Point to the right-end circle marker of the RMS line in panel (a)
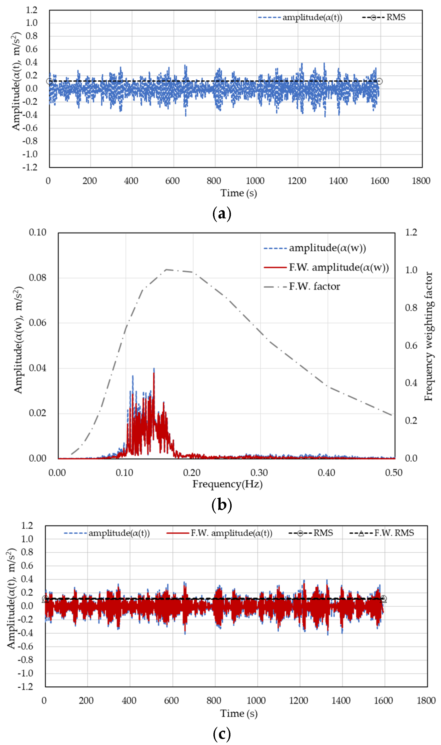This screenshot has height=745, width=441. pos(379,81)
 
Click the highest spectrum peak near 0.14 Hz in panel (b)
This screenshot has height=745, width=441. pos(154,369)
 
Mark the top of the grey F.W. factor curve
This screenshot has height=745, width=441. pos(166,270)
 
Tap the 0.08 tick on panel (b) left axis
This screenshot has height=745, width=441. pos(37,278)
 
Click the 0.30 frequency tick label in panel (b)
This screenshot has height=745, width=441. pos(259,473)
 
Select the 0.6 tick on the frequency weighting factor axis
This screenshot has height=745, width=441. pos(411,345)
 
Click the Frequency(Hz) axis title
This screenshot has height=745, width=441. pos(227,484)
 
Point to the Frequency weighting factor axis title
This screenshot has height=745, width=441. pos(428,336)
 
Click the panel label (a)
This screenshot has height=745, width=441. pos(222,214)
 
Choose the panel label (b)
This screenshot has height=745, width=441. pos(222,505)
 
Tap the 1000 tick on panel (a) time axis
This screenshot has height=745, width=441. pos(255,181)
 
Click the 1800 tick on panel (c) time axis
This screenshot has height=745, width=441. pos(426,701)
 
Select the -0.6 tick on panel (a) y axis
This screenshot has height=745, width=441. pos(30,128)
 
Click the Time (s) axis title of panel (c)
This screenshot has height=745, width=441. pos(239,714)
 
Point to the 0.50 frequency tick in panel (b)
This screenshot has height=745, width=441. pos(394,473)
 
